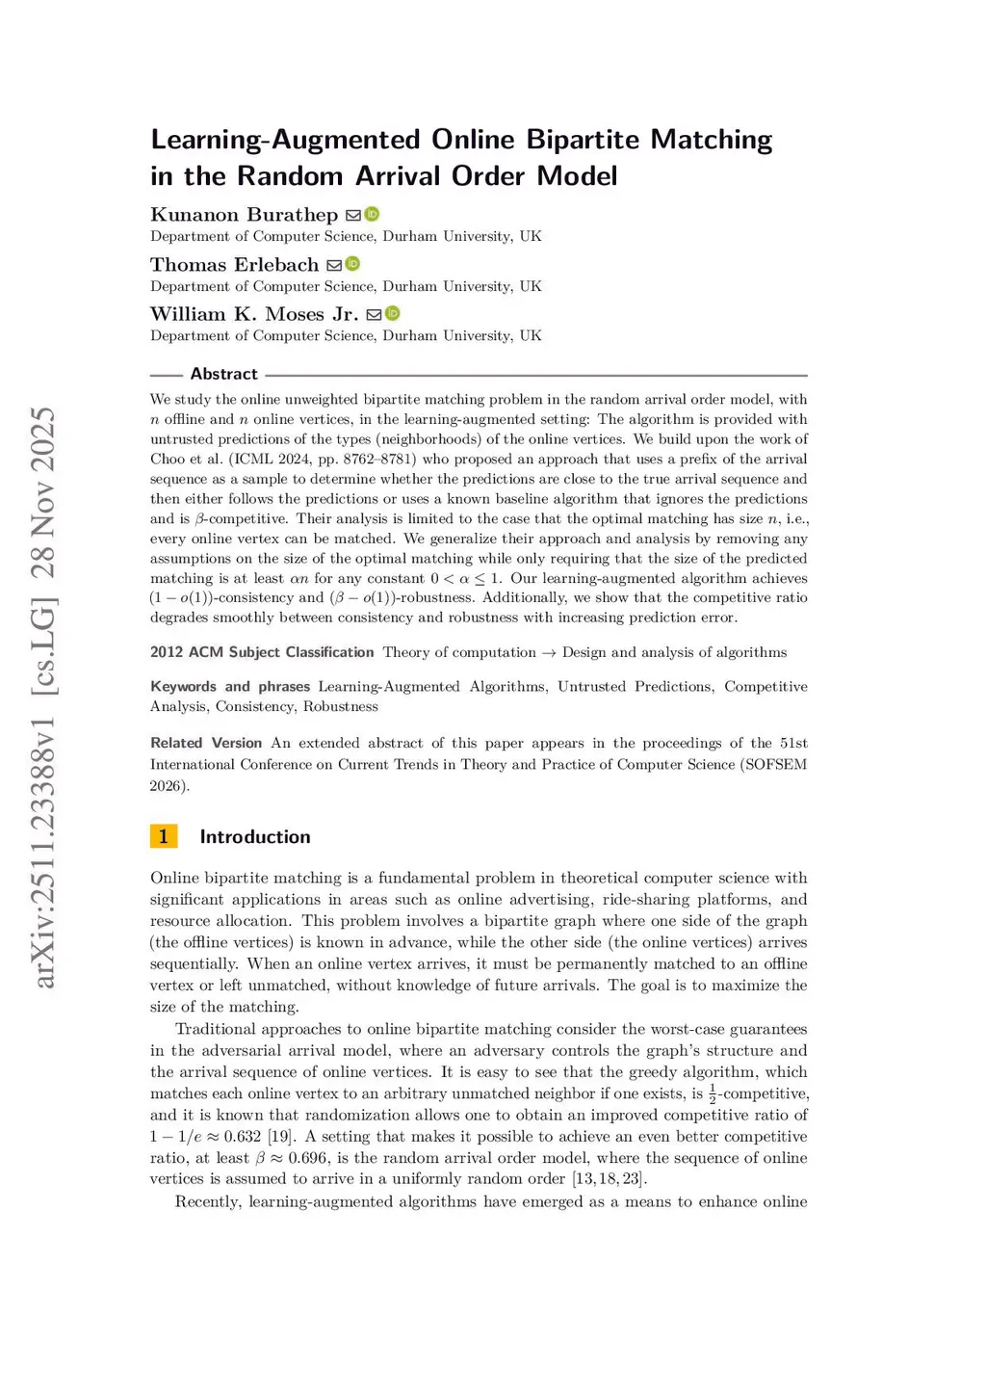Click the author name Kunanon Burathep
[x=244, y=215]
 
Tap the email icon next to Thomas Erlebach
[x=334, y=265]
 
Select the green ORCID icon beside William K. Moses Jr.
[x=393, y=314]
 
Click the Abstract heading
[x=223, y=374]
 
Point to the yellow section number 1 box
[x=164, y=836]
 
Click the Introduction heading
[x=255, y=837]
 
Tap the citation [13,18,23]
[x=609, y=1179]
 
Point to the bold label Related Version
[x=206, y=743]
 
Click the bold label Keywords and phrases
[x=230, y=687]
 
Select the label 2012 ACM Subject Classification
[x=262, y=652]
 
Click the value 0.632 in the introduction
[x=243, y=1137]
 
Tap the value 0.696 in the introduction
[x=307, y=1158]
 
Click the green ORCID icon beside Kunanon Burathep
[x=372, y=215]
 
